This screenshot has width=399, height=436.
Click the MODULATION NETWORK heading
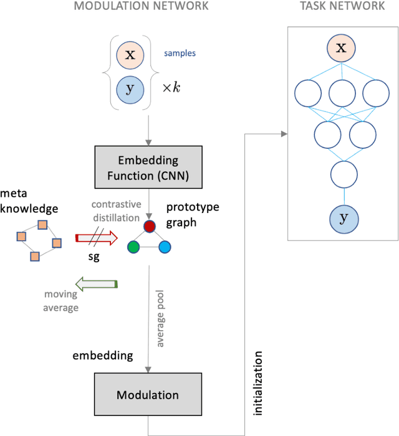[x=142, y=7]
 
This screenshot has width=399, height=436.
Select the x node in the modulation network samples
[x=130, y=55]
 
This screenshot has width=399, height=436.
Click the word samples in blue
[x=180, y=54]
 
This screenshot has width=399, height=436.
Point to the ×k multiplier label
[x=171, y=88]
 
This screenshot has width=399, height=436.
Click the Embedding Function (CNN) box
[x=149, y=168]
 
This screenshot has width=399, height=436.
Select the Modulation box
[x=148, y=395]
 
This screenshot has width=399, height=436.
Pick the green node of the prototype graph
[x=133, y=248]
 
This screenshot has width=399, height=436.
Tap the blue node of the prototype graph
[x=165, y=248]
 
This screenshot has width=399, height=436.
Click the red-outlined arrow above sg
[x=96, y=237]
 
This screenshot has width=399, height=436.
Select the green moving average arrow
[x=96, y=284]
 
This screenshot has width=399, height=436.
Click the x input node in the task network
[x=341, y=47]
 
